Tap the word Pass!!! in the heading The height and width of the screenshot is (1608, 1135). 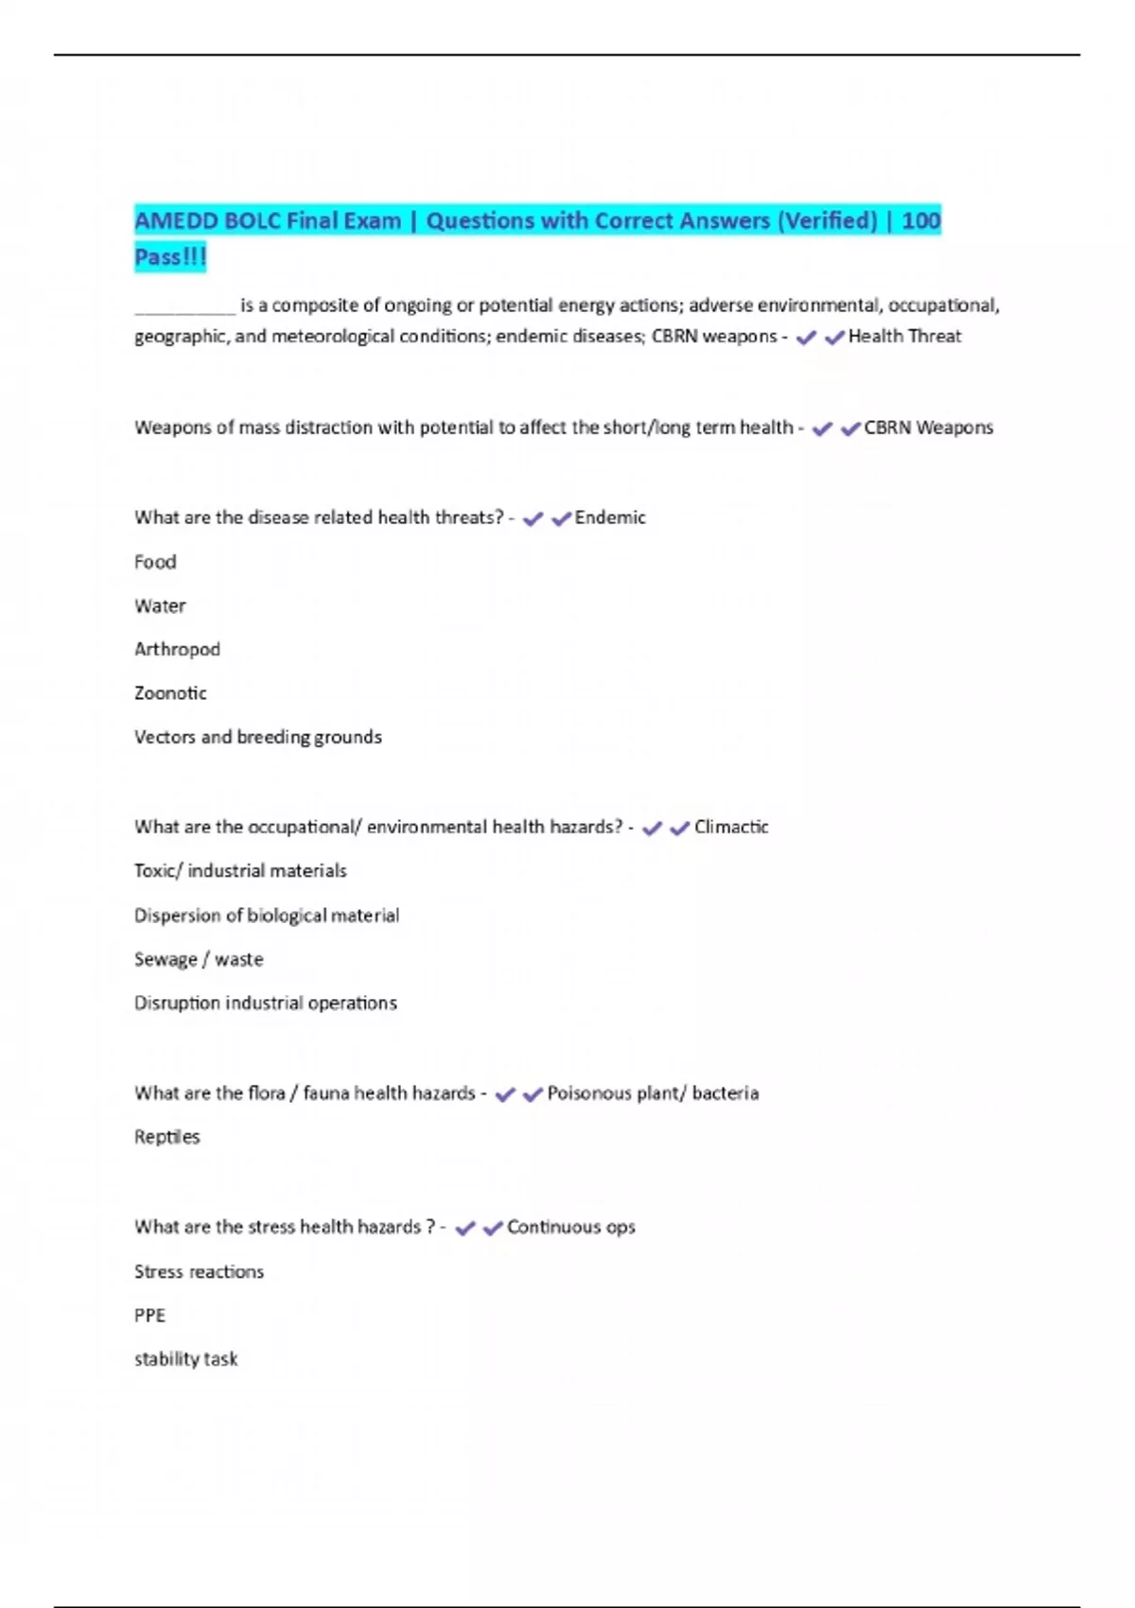tap(170, 257)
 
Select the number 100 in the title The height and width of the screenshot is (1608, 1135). tap(920, 221)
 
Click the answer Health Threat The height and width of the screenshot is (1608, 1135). tap(904, 336)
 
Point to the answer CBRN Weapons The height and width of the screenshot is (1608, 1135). tap(928, 428)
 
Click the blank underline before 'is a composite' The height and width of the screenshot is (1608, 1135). tap(184, 306)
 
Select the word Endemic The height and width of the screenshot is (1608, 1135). tap(610, 517)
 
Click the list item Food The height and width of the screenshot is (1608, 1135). tap(155, 562)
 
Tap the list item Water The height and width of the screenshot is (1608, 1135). tap(160, 605)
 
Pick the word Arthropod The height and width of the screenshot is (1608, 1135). tap(177, 649)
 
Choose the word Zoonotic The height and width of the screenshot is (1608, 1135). tap(170, 693)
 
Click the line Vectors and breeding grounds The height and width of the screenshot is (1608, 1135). tap(258, 737)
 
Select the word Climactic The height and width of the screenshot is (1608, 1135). tap(731, 827)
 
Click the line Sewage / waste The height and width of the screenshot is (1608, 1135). tap(199, 959)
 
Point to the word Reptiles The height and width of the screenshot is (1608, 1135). tap(167, 1137)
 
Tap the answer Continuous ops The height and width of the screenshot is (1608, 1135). tap(571, 1227)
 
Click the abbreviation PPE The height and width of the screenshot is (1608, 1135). tap(149, 1316)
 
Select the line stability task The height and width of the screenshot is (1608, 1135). tap(186, 1359)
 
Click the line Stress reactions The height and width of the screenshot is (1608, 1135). tap(199, 1271)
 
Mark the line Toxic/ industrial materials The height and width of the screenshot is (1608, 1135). tap(240, 870)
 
